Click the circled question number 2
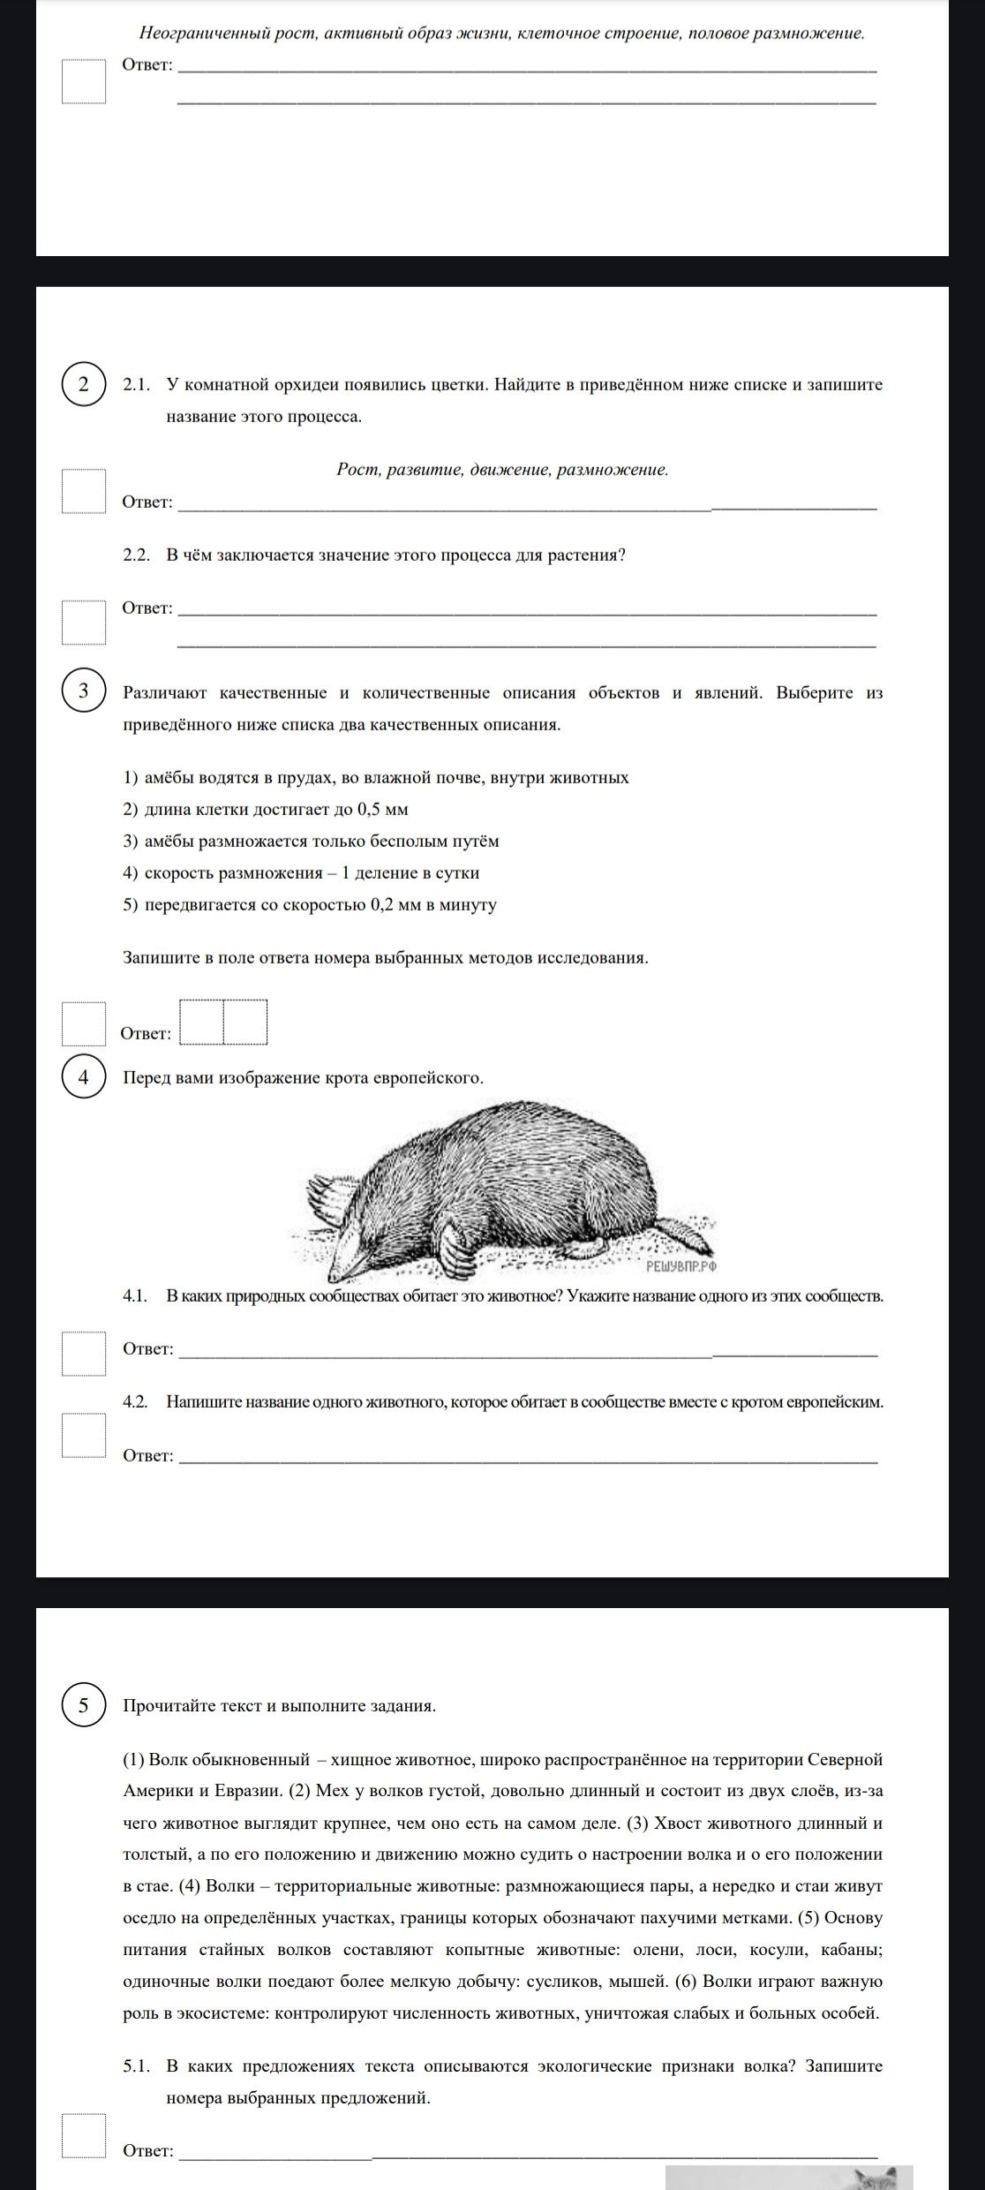[x=83, y=385]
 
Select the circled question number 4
[x=83, y=1077]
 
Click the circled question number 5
[x=83, y=1704]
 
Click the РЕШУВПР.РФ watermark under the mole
[x=681, y=1266]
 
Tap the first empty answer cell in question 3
[x=202, y=1022]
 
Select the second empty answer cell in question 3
[x=245, y=1022]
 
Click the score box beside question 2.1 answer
[x=84, y=491]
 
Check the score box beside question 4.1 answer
[x=84, y=1354]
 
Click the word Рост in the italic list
[x=356, y=470]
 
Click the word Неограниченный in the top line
[x=192, y=34]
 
